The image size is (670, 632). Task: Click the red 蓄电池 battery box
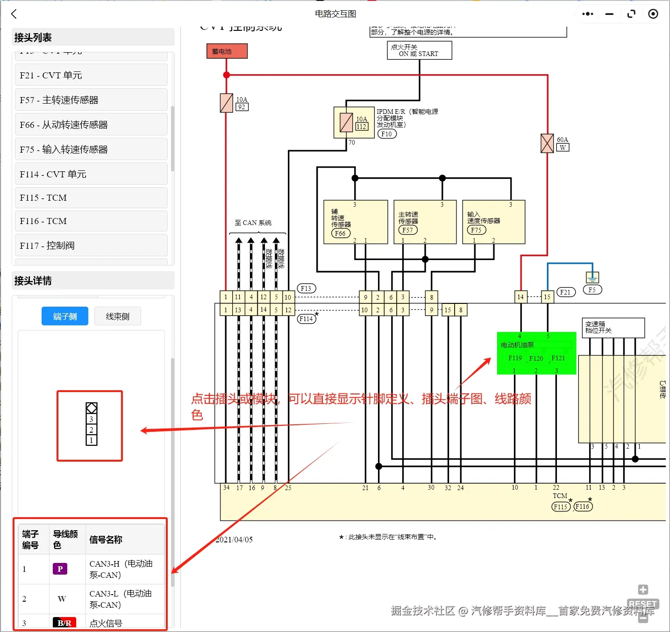[x=227, y=51]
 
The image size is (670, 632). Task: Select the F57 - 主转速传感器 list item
[x=91, y=100]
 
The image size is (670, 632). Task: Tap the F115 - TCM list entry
[x=91, y=198]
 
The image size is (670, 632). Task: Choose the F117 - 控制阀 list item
[x=91, y=246]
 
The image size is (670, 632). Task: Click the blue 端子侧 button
[x=65, y=316]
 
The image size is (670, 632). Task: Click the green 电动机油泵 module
[x=536, y=353]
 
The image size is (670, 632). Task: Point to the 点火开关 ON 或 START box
[x=419, y=50]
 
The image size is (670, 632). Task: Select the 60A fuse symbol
[x=547, y=143]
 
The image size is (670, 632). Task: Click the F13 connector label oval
[x=306, y=288]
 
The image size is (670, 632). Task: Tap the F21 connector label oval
[x=565, y=292]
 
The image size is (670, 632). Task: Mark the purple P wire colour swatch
[x=60, y=569]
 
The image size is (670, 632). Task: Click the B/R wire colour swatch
[x=64, y=623]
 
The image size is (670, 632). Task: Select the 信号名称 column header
[x=106, y=540]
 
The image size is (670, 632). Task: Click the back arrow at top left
[x=14, y=14]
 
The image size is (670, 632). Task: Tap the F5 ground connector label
[x=592, y=290]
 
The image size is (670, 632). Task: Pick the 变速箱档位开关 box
[x=613, y=328]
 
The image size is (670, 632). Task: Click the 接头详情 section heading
[x=33, y=281]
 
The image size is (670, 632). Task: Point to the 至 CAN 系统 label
[x=253, y=223]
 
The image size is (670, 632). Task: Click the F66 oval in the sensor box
[x=340, y=233]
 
